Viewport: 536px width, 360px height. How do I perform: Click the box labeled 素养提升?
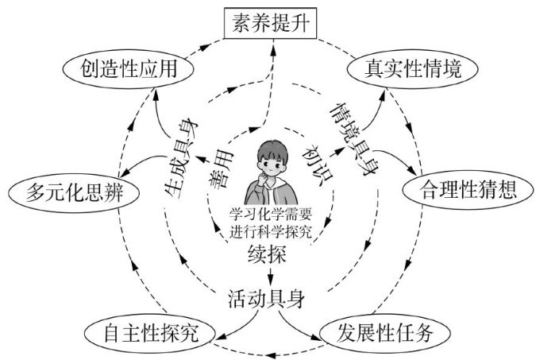point(268,24)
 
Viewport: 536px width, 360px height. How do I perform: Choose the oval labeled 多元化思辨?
point(70,192)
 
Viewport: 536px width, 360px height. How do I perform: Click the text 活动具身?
point(269,300)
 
